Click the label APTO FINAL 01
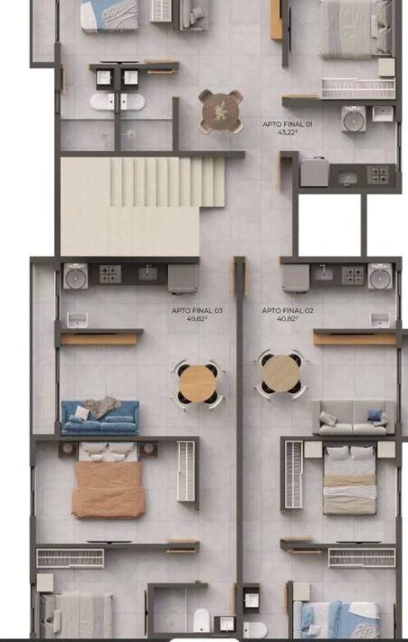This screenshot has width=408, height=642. coord(288,124)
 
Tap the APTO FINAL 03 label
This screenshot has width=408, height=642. coord(197,311)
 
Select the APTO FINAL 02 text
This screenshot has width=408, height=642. coord(288,311)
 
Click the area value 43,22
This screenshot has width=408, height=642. coord(287,132)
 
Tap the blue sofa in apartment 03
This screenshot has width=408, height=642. coord(100,418)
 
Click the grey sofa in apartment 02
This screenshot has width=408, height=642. coord(354,418)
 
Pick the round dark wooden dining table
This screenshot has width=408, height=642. coord(221,112)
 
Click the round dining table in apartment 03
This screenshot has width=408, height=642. coord(197,384)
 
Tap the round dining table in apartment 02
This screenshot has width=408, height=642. coord(280,373)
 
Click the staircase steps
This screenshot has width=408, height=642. coord(167,182)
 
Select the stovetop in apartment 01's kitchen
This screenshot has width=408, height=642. coord(377,175)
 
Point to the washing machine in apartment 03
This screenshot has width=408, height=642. coord(76,276)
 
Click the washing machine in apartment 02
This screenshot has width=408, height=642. coord(380,276)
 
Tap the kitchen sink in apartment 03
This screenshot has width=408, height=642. coord(147,273)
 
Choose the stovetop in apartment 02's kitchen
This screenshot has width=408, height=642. coord(353,275)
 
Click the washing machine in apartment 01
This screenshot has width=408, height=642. coord(354,119)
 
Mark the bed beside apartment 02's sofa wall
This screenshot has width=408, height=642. coord(350,480)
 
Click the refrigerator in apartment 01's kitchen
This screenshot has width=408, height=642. coord(314,172)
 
